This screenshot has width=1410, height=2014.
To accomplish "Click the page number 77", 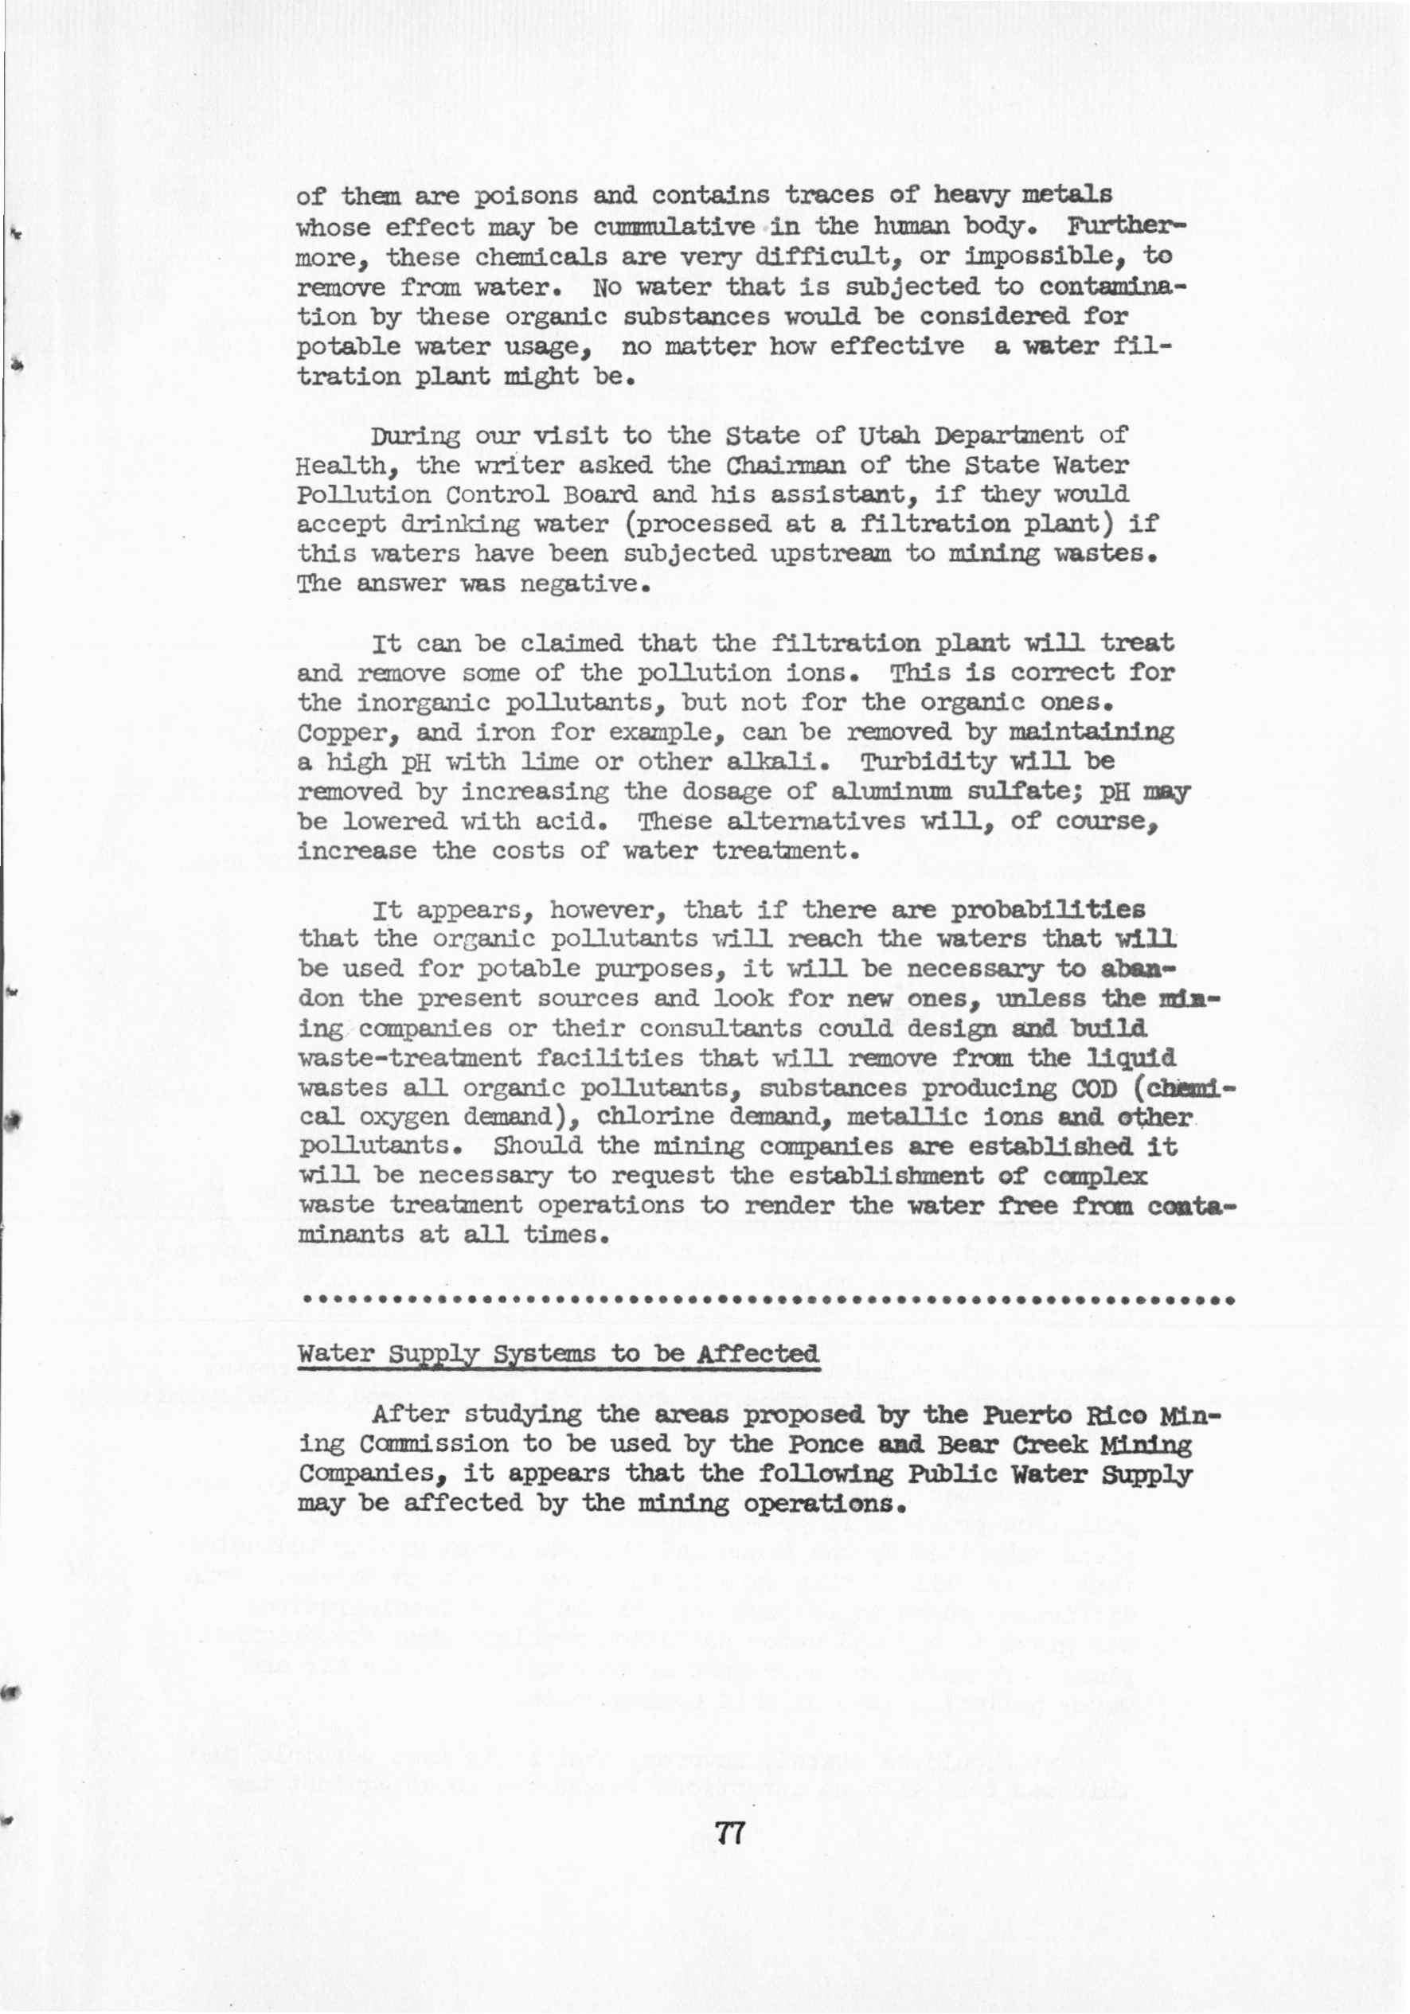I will [x=730, y=1833].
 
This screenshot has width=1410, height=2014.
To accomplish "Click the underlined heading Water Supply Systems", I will [x=559, y=1353].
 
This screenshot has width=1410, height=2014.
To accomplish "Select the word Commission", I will [x=433, y=1444].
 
